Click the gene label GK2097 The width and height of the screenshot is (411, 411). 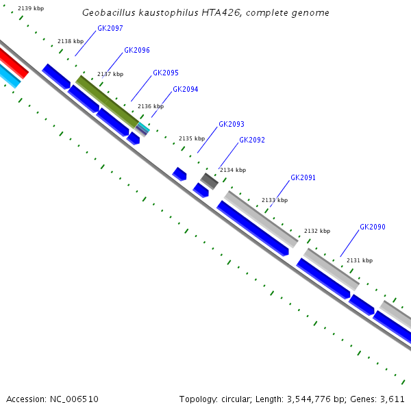pyautogui.click(x=110, y=28)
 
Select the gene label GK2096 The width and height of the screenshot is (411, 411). pyautogui.click(x=137, y=51)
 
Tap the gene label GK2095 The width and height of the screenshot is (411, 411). pyautogui.click(x=166, y=73)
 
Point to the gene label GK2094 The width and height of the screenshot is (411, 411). pyautogui.click(x=185, y=89)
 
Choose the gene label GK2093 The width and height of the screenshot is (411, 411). pyautogui.click(x=232, y=125)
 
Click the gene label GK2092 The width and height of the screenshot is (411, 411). pyautogui.click(x=252, y=140)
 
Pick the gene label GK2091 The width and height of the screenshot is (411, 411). pyautogui.click(x=303, y=177)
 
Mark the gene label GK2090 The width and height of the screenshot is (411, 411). pyautogui.click(x=373, y=227)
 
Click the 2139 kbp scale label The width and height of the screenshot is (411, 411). pyautogui.click(x=31, y=8)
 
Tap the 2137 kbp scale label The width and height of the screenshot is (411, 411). pyautogui.click(x=110, y=74)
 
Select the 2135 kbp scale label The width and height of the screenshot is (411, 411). pyautogui.click(x=192, y=138)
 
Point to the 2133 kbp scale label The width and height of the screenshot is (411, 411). pyautogui.click(x=275, y=200)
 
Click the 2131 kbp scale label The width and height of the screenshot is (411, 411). pyautogui.click(x=360, y=260)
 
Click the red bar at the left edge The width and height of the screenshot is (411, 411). pyautogui.click(x=13, y=62)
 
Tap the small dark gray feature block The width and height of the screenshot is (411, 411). pyautogui.click(x=209, y=181)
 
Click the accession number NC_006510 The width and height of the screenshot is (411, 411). pyautogui.click(x=74, y=399)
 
